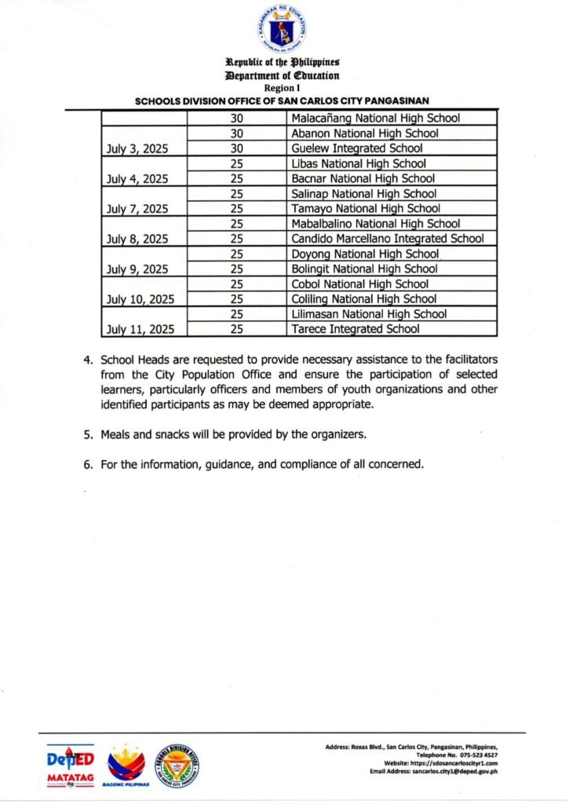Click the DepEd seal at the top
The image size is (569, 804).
tap(283, 29)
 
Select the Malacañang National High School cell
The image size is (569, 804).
tap(375, 119)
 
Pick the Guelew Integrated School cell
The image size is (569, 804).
tap(357, 148)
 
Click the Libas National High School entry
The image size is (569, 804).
tap(359, 163)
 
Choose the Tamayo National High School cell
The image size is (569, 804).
tap(366, 209)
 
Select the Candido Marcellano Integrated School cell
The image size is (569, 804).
tap(388, 239)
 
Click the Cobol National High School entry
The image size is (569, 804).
tap(360, 284)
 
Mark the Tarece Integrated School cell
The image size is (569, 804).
tap(356, 329)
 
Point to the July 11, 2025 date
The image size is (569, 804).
tap(140, 329)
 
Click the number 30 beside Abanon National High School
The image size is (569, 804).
tap(236, 133)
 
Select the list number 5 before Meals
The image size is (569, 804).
tap(89, 434)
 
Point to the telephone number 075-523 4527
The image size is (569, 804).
tap(474, 755)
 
